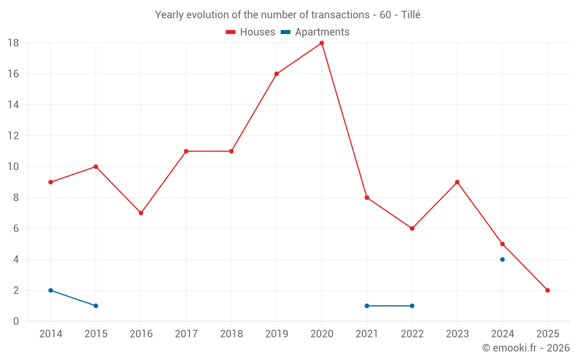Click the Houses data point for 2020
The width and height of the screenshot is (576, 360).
321,43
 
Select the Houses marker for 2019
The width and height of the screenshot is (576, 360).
276,74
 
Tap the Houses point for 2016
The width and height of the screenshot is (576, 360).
141,213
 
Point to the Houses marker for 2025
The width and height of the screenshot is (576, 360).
548,290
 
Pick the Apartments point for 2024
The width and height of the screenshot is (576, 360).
502,259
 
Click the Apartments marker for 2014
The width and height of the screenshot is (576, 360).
51,290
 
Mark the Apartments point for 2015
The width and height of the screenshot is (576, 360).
96,306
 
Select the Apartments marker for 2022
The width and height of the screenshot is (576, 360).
412,306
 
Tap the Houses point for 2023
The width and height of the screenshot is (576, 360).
457,182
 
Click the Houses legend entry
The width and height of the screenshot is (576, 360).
251,32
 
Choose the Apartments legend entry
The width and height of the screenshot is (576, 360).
315,32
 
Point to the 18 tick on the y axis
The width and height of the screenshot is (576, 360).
13,43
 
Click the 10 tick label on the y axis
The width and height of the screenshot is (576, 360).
13,167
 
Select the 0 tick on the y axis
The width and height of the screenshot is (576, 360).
16,321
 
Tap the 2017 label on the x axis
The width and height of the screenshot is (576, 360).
186,334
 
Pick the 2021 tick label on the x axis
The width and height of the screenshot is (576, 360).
367,334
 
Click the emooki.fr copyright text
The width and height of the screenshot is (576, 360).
526,348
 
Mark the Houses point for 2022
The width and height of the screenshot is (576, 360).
412,229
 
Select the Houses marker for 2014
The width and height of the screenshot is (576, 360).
51,182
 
